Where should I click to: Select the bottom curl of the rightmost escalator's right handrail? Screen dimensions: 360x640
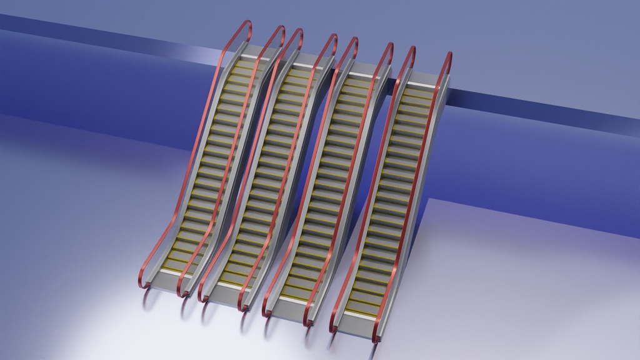(x=377, y=337)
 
